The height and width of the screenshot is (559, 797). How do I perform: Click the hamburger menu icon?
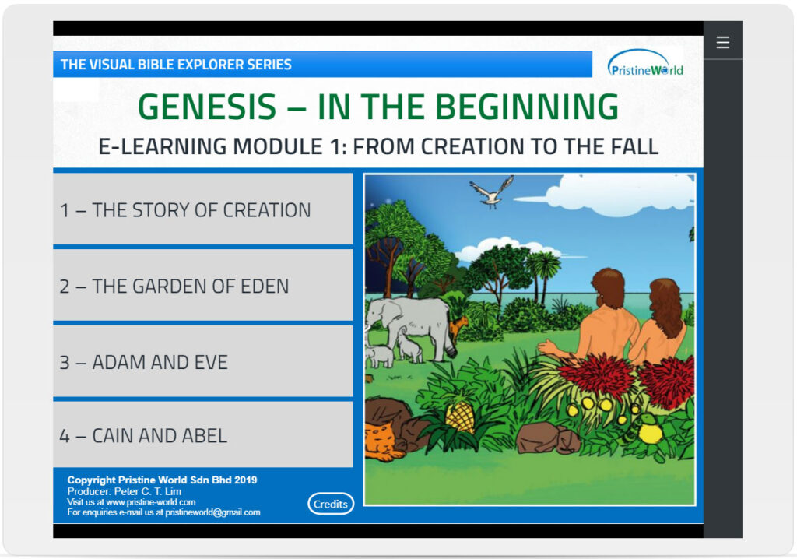tap(722, 43)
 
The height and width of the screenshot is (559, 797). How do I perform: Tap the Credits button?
tap(330, 504)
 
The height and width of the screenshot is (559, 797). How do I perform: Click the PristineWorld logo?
tap(645, 63)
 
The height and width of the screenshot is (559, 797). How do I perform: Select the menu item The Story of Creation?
tap(203, 209)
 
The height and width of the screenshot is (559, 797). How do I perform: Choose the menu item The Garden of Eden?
tap(203, 286)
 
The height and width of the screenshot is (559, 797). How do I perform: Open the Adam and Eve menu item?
tap(203, 362)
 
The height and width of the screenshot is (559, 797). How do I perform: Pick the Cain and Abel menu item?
tap(203, 435)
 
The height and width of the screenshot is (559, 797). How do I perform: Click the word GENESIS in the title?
tap(207, 107)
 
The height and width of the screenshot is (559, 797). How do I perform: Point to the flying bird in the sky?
tap(492, 192)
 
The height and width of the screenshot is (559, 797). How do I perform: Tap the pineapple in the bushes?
tap(459, 413)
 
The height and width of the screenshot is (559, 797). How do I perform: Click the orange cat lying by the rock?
tap(382, 439)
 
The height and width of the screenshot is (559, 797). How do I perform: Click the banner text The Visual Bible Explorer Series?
tap(176, 65)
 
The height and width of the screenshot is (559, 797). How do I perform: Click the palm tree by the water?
tap(542, 275)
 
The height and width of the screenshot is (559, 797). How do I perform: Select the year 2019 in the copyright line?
tap(245, 480)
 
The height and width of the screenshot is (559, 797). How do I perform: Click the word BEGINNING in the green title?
tap(527, 107)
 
